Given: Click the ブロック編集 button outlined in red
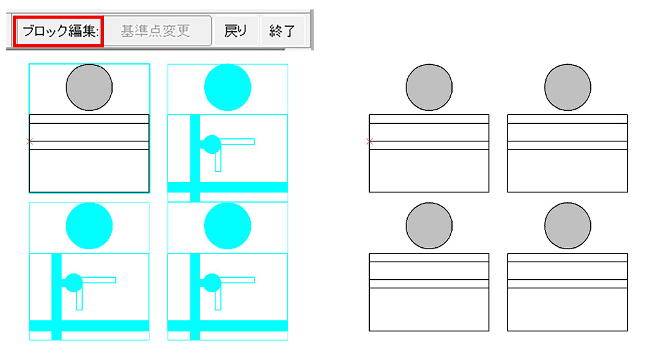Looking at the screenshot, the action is [x=59, y=31].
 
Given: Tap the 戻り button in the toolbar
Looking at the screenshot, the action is [x=235, y=31].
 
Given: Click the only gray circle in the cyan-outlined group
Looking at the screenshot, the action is [x=89, y=88].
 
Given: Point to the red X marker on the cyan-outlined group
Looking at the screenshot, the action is [x=29, y=141].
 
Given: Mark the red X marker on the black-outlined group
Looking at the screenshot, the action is [x=370, y=141].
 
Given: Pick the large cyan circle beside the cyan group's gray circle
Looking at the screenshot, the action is [x=228, y=88].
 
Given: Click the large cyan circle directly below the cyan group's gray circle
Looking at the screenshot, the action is [x=89, y=226].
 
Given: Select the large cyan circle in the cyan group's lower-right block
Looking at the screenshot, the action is [x=228, y=226].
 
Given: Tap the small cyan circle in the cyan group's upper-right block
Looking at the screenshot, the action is [x=212, y=144].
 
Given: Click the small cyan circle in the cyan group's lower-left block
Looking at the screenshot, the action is [x=74, y=283].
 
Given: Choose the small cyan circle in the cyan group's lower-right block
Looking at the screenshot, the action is [x=212, y=283].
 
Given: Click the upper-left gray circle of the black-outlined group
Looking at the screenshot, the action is [x=429, y=88].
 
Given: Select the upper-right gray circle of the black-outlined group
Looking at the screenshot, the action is [x=568, y=88].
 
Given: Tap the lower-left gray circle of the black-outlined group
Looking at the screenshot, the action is [x=429, y=226].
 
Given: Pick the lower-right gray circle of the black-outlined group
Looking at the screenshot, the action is [x=568, y=226].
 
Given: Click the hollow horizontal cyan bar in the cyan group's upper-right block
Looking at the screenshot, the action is [x=237, y=142].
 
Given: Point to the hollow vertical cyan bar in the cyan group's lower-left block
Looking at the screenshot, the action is [x=79, y=300].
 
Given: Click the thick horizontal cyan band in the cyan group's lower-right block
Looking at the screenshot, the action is [x=228, y=326].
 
